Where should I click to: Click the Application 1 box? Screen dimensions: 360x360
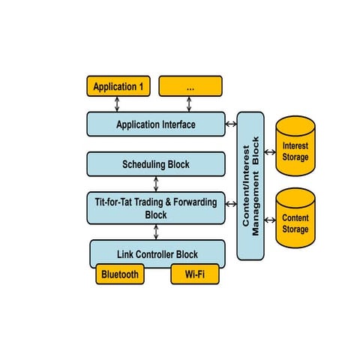118,86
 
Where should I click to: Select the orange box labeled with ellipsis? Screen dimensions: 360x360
190,86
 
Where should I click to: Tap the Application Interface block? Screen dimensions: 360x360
156,124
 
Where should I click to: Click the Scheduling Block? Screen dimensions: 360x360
156,163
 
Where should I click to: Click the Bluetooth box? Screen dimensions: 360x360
119,274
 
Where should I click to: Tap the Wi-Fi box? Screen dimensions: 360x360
194,274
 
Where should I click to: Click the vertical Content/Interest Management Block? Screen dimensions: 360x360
250,185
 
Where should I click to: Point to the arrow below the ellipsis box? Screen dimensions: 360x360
190,104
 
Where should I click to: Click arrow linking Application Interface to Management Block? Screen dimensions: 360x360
231,124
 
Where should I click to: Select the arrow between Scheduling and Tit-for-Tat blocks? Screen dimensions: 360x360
156,184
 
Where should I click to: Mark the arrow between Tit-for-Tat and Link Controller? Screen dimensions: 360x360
156,231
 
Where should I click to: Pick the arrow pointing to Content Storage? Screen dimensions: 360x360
270,219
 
